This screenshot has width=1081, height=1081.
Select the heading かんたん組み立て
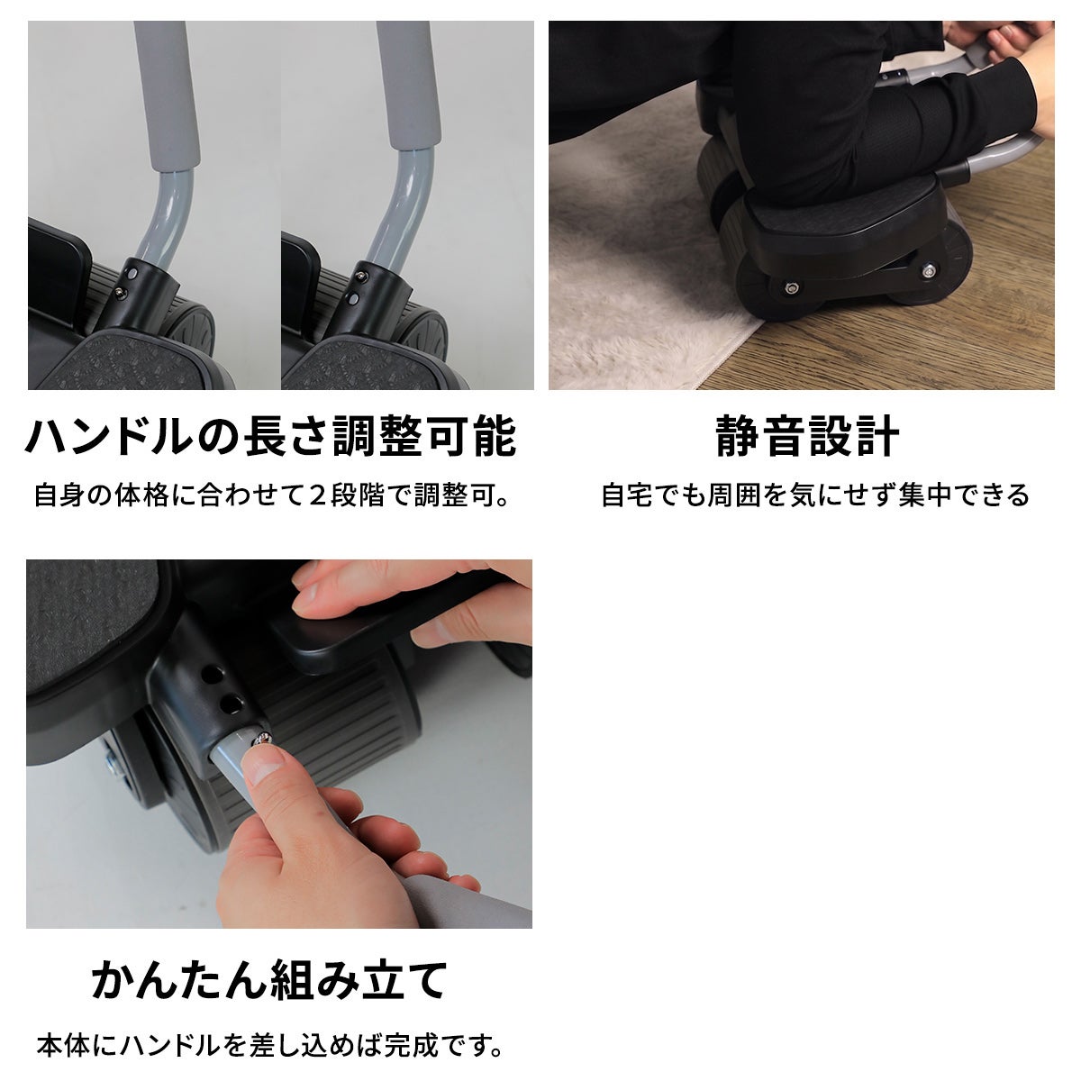click(270, 981)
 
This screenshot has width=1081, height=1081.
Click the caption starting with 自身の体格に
click(271, 495)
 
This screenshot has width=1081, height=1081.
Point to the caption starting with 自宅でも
click(815, 495)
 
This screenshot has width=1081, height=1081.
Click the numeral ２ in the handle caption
click(318, 495)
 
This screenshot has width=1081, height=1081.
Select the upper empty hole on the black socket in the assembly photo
click(212, 675)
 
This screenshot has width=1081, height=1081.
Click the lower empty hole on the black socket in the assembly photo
click(232, 704)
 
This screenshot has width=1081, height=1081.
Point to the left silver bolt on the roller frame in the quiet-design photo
click(792, 288)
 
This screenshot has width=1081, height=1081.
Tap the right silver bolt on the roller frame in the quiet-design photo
click(928, 272)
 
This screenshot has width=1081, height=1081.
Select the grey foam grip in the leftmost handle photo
click(167, 95)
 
